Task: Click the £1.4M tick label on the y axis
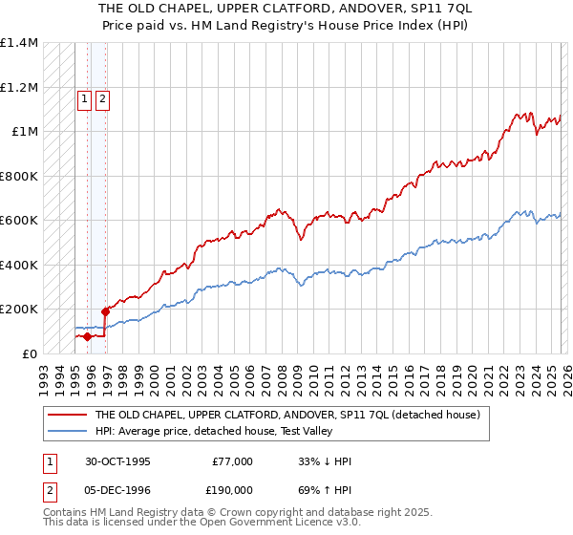19,43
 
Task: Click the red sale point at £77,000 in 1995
87,336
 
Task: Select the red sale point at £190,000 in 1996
105,311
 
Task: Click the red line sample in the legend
67,415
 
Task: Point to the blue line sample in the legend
67,430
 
